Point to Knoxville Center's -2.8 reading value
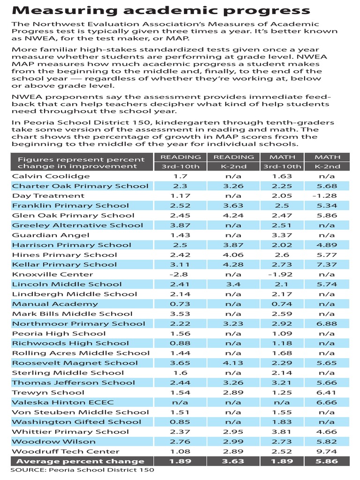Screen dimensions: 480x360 pyautogui.click(x=180, y=274)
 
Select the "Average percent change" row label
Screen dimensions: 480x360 pyautogui.click(x=78, y=461)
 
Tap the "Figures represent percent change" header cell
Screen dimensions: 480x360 pyautogui.click(x=77, y=162)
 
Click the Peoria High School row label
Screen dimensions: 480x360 pyautogui.click(x=59, y=333)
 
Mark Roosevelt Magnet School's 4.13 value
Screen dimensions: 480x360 pyautogui.click(x=233, y=363)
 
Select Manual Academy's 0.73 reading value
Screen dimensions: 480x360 pyautogui.click(x=180, y=304)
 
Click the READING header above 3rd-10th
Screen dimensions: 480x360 pyautogui.click(x=180, y=157)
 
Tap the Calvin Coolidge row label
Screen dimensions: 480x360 pyautogui.click(x=51, y=176)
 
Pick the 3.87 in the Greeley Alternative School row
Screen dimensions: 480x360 pyautogui.click(x=180, y=225)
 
